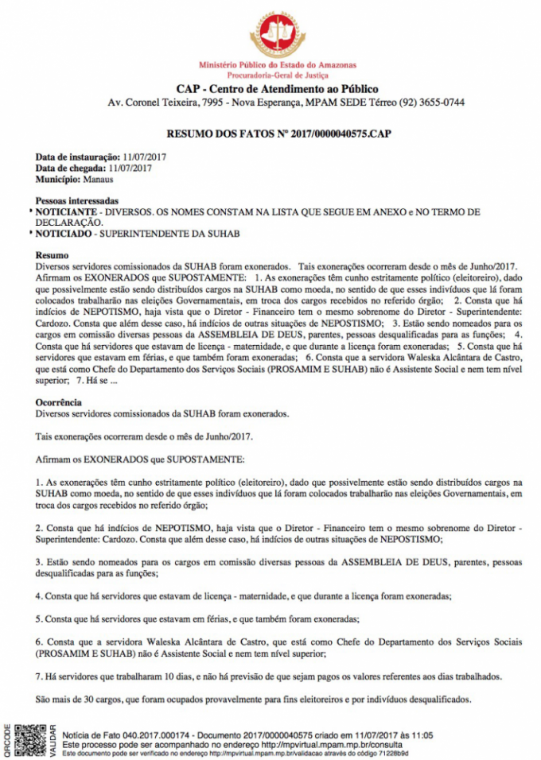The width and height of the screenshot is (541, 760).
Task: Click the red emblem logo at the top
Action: tap(278, 33)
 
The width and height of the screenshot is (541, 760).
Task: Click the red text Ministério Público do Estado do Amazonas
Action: tap(278, 64)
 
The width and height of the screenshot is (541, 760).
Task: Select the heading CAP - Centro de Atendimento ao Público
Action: tap(277, 89)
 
